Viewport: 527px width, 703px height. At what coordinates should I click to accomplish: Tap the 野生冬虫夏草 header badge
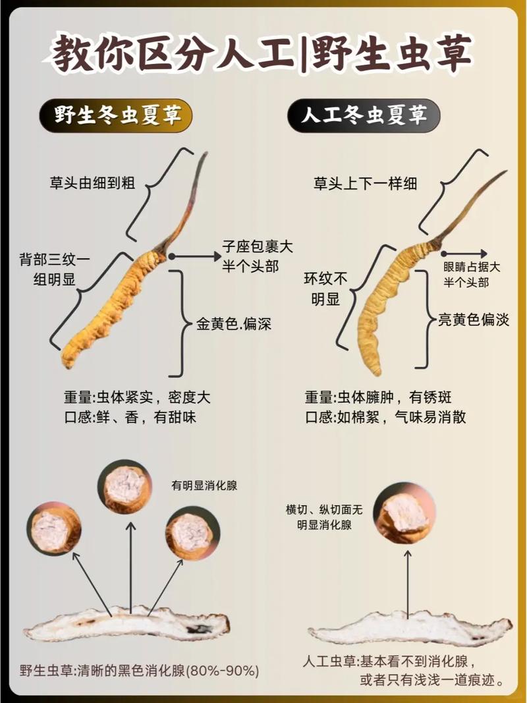point(116,116)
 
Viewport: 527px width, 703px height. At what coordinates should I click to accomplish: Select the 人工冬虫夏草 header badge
point(364,116)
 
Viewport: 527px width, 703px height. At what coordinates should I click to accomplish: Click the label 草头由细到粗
point(92,183)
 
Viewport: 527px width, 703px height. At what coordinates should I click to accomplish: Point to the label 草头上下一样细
point(365,183)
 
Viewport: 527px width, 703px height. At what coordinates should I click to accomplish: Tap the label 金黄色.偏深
point(233,323)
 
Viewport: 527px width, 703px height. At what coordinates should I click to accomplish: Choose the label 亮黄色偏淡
point(474,320)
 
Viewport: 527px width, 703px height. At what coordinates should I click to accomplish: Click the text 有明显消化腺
point(204,485)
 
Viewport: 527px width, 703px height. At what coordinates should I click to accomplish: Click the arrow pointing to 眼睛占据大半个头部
point(464,254)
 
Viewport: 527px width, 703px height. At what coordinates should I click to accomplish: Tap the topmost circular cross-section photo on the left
point(125,487)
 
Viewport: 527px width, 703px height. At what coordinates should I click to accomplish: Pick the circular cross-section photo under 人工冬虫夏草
point(404,513)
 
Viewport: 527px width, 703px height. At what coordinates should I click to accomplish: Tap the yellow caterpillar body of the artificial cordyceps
point(390,306)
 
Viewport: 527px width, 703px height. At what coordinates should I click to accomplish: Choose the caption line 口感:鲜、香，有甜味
point(130,417)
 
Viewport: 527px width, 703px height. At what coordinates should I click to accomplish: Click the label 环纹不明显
point(326,289)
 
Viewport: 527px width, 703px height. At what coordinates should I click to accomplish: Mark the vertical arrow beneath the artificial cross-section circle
point(408,584)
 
